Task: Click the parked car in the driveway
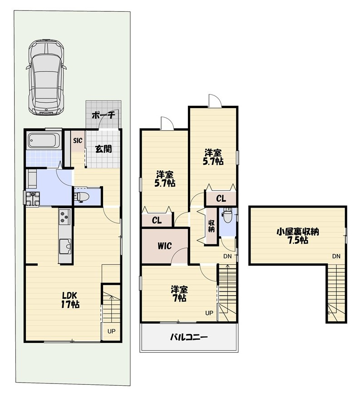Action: pos(46,77)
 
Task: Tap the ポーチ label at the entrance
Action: pos(103,115)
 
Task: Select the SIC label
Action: pos(78,140)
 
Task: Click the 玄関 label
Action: pos(104,149)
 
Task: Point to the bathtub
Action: pos(43,141)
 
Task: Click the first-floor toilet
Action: pos(83,197)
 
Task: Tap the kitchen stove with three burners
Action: pos(64,217)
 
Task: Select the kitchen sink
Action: pos(65,246)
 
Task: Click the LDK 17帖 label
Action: pos(70,300)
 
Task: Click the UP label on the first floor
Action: pos(111,331)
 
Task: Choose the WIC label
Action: pos(164,246)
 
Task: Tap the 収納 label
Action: pos(212,226)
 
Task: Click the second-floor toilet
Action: pos(227,215)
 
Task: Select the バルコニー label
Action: pos(189,337)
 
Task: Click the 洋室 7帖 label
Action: pos(179,294)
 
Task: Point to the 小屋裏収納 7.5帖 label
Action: pos(297,236)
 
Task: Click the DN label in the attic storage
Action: pos(336,256)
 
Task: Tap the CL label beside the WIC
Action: pos(157,220)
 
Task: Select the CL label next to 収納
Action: pos(221,199)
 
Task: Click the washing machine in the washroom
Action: pos(33,199)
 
